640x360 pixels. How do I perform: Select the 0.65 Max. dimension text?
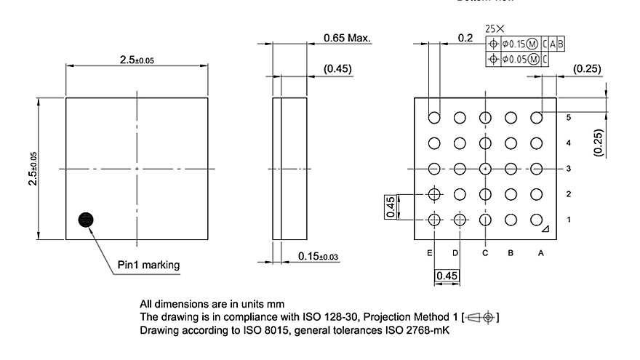point(348,38)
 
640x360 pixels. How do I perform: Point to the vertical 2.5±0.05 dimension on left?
point(33,169)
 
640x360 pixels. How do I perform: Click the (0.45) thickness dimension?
point(338,69)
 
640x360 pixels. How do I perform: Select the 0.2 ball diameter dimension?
point(465,37)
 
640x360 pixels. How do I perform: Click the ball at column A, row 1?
point(537,219)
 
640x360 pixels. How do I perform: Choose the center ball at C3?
point(485,169)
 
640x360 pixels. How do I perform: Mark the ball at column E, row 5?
point(434,117)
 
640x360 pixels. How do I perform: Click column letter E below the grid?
point(431,253)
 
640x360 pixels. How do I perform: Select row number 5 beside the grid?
point(568,117)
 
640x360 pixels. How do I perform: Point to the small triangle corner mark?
point(545,230)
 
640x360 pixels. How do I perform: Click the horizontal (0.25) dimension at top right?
point(586,69)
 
